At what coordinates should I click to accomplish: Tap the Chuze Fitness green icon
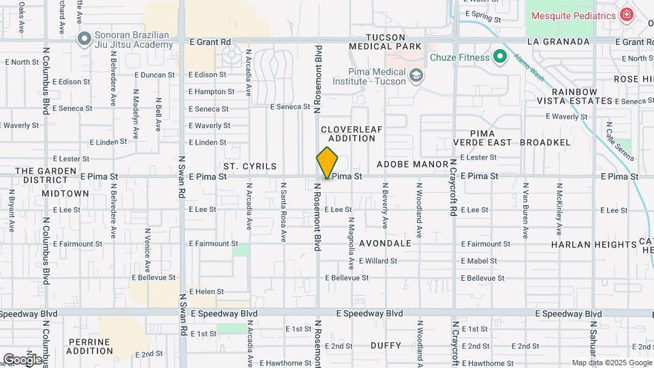[500, 57]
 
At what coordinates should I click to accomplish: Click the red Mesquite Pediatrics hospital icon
[626, 15]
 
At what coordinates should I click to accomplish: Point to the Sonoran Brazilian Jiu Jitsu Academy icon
[84, 38]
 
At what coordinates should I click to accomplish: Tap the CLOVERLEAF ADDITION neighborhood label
[347, 134]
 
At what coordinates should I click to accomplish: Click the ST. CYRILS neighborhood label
[249, 166]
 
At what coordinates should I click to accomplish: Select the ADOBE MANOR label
[412, 165]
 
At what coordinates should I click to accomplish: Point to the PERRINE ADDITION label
[89, 346]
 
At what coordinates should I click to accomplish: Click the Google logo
[22, 359]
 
